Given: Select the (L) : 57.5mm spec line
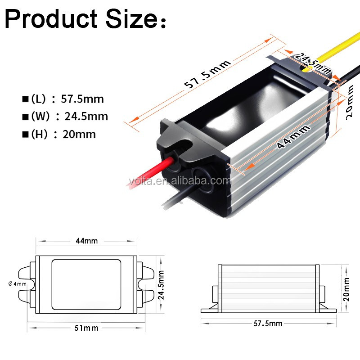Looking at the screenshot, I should [63, 99].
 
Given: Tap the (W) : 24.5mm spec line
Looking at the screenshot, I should [65, 117].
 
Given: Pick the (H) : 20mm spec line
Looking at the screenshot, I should [59, 134].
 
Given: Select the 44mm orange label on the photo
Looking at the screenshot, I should [293, 137].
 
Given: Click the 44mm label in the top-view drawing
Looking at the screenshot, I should [87, 241].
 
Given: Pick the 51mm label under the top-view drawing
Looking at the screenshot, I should [87, 328].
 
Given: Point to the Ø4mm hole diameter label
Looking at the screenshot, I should [18, 283].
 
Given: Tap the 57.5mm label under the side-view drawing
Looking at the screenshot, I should [269, 324].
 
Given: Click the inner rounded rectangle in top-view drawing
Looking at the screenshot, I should [87, 284].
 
